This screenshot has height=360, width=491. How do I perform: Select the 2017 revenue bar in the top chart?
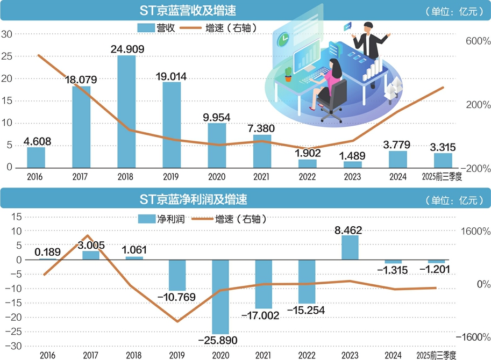click(81, 127)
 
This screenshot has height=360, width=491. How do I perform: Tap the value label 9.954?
click(217, 118)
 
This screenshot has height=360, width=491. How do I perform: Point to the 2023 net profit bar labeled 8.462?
click(350, 248)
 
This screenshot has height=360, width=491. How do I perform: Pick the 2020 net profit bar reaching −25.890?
click(220, 297)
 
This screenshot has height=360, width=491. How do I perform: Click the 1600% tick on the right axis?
click(473, 231)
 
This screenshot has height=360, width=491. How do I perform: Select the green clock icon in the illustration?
click(282, 39)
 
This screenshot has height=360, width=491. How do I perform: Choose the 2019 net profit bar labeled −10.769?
click(177, 275)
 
